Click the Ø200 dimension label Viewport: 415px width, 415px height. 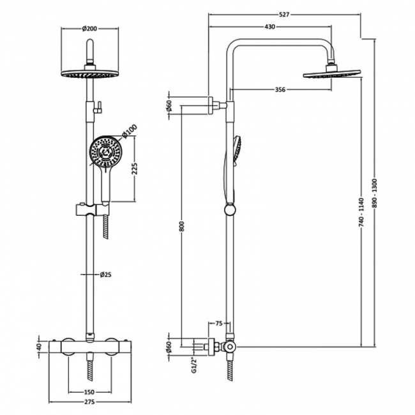90,28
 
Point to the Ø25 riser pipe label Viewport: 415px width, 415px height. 106,275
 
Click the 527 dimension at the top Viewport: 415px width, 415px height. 284,13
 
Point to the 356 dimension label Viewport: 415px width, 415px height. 280,89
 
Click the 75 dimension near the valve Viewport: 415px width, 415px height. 219,324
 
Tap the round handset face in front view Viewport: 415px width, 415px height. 102,153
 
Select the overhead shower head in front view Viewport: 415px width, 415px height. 89,73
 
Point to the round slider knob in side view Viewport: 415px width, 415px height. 229,209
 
